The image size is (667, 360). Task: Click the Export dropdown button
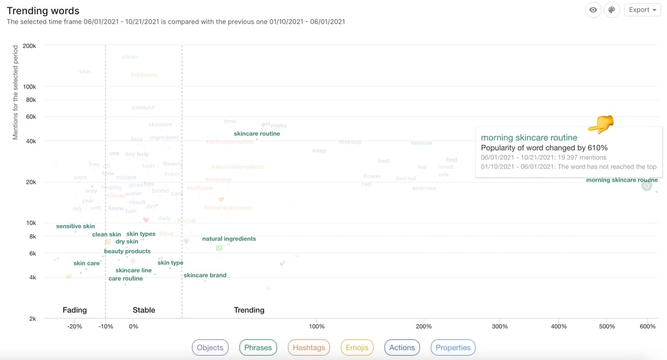(x=642, y=10)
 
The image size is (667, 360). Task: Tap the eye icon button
(x=593, y=10)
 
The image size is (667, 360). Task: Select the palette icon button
(x=612, y=10)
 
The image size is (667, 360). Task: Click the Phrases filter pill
(x=258, y=347)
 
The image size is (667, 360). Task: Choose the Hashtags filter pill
(x=308, y=347)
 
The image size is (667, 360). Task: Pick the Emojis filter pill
(x=357, y=347)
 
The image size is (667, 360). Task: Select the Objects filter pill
(x=210, y=347)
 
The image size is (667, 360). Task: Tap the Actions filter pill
(x=402, y=347)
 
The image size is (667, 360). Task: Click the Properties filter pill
(x=453, y=347)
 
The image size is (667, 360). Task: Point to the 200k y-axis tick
(x=29, y=46)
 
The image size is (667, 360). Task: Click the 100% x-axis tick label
(x=317, y=326)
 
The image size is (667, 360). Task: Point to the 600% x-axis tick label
(x=648, y=326)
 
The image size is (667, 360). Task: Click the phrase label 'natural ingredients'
(x=229, y=239)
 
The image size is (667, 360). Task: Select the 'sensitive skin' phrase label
(x=76, y=226)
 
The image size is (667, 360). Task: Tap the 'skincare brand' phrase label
(x=205, y=275)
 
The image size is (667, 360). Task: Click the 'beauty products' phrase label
(x=127, y=251)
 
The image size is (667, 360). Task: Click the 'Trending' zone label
(x=249, y=310)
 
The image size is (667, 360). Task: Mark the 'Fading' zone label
(x=75, y=310)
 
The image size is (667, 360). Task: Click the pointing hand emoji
(x=601, y=124)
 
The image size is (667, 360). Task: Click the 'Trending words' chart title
(x=43, y=10)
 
